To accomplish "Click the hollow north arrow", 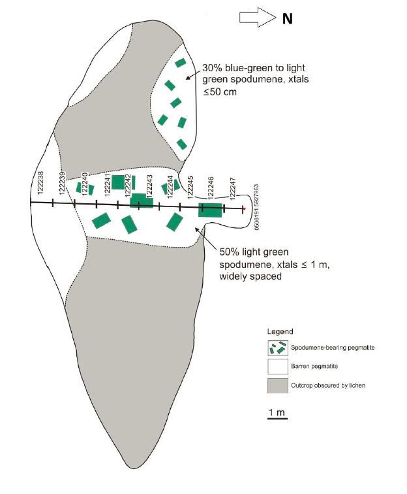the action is (258, 18).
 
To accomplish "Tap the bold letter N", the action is (287, 19).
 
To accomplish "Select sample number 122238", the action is (40, 183).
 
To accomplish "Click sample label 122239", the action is (62, 183).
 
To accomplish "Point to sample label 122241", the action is (107, 185).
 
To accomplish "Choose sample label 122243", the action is (150, 186).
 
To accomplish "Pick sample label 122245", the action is (190, 187).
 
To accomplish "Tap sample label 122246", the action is (211, 188).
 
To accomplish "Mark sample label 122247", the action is (233, 189).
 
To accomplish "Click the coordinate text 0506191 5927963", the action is (256, 207).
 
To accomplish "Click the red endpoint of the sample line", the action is (243, 208).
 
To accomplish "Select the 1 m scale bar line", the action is (278, 419).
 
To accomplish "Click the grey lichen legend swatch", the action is (278, 386).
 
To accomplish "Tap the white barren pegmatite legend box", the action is (278, 367).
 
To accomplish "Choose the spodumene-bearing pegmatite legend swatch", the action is (278, 348).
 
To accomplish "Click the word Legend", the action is (280, 331).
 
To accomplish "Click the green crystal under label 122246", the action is (211, 210).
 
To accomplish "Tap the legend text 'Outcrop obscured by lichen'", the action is (328, 386).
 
